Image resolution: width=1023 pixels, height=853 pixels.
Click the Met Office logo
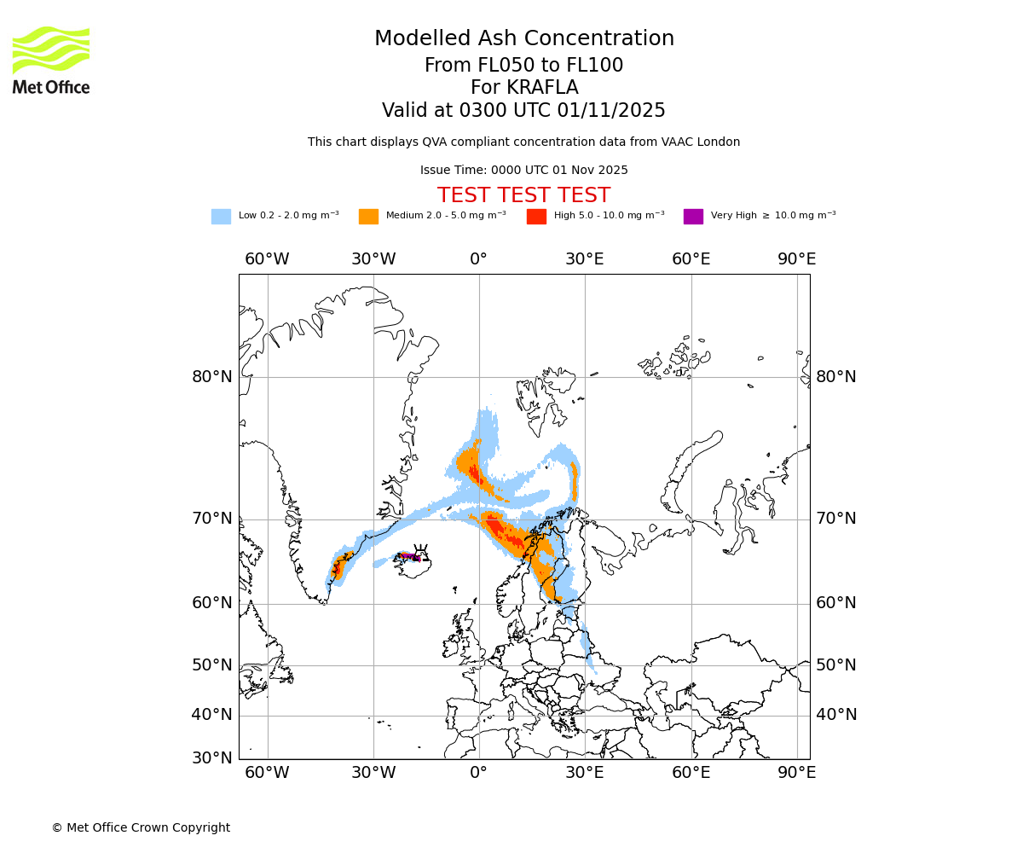(51, 60)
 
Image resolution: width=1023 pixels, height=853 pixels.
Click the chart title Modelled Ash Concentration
(524, 39)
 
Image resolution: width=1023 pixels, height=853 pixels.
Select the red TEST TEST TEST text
(523, 195)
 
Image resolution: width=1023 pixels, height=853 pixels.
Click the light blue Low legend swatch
(221, 217)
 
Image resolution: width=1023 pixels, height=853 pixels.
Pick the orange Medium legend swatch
(368, 217)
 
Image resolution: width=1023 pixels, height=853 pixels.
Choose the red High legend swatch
(536, 217)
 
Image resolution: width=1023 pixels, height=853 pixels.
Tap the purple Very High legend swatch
(693, 217)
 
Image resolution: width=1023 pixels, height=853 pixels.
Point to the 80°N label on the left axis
(211, 377)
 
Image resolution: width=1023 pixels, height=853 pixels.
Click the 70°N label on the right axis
(836, 519)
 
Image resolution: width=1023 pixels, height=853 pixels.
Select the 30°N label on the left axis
(211, 757)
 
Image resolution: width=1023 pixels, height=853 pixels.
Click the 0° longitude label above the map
(479, 259)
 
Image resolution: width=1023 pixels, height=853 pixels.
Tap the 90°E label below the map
(796, 773)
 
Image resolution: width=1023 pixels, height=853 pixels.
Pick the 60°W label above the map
(267, 259)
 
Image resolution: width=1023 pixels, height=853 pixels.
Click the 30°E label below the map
(585, 773)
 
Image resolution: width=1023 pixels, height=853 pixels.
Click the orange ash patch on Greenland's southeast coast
(338, 568)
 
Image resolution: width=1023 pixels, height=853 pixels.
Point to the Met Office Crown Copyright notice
(141, 827)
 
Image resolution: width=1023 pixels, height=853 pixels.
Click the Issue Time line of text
(523, 171)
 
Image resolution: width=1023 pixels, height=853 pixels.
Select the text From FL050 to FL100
(523, 66)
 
